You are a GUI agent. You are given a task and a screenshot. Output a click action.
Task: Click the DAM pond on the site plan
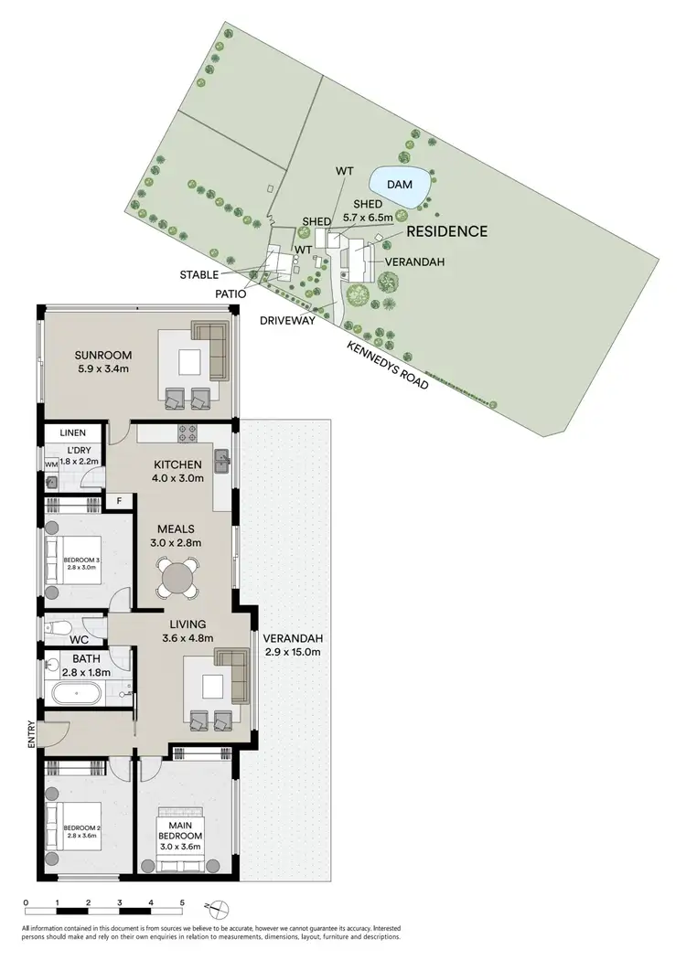point(399,184)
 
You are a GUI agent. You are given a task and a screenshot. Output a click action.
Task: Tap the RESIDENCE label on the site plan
point(446,232)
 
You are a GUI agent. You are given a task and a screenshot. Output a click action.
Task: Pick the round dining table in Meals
point(177,579)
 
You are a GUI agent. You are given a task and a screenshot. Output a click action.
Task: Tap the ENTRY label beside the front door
point(31,733)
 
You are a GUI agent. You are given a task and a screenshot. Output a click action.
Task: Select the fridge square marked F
point(118,500)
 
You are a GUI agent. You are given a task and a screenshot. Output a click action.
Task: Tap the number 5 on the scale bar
point(182,902)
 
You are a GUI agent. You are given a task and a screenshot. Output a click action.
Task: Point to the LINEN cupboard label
point(72,432)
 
